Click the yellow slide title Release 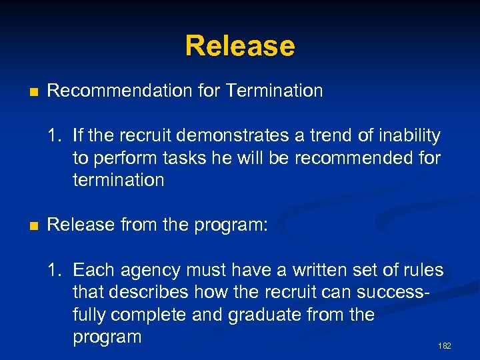coord(240,46)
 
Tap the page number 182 coord(445,346)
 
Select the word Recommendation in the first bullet coord(121,91)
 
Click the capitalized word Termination coord(274,91)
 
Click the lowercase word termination coord(119,180)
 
